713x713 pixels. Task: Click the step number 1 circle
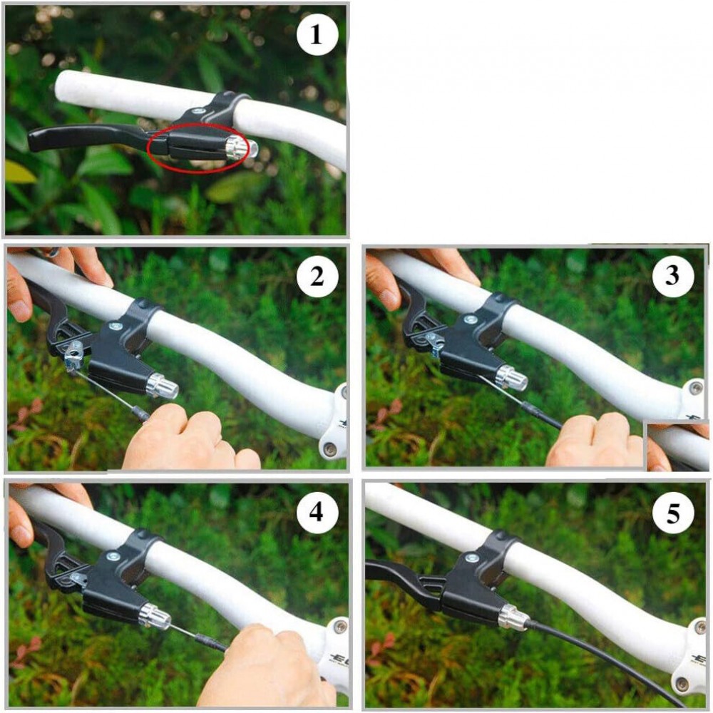click(x=317, y=34)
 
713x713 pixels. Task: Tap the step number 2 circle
click(x=317, y=276)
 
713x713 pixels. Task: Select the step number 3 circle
click(x=672, y=276)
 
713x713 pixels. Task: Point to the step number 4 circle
click(x=317, y=513)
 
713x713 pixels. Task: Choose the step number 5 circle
click(x=672, y=513)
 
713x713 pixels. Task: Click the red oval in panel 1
click(x=148, y=148)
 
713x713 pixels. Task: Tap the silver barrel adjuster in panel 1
click(x=242, y=148)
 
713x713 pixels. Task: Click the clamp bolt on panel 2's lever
click(x=114, y=326)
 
